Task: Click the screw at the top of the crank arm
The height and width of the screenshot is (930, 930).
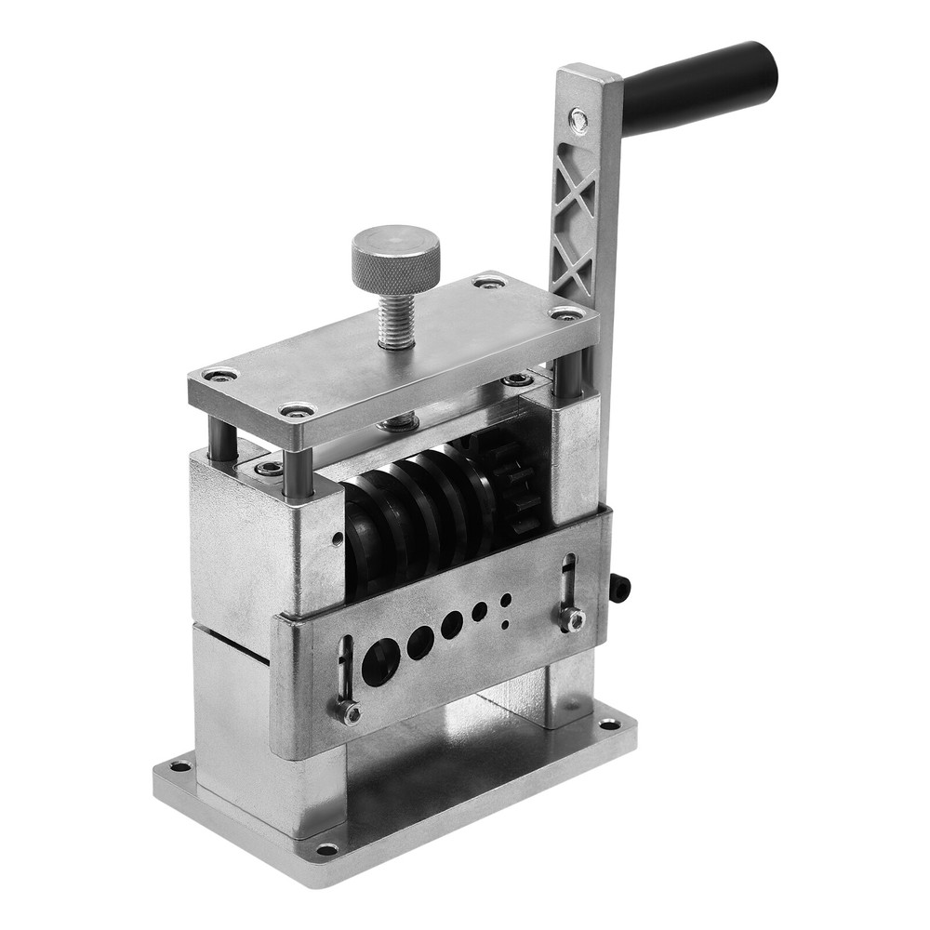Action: click(578, 118)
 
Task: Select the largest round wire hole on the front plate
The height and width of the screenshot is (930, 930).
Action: click(380, 662)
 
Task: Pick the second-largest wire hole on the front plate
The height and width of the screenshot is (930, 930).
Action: click(420, 642)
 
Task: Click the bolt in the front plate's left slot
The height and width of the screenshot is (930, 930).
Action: click(351, 713)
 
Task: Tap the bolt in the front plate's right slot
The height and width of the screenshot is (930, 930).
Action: click(572, 618)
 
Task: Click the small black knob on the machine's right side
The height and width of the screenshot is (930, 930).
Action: click(620, 587)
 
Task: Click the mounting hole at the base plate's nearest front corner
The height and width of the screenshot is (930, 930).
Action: click(326, 848)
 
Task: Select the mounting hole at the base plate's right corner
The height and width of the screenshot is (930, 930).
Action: click(609, 724)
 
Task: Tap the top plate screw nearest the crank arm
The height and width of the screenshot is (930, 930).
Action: click(566, 314)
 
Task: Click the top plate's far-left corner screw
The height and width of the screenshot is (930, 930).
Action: click(220, 375)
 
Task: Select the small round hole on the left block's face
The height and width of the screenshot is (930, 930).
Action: click(337, 537)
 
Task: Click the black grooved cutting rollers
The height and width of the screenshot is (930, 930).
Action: click(418, 521)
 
